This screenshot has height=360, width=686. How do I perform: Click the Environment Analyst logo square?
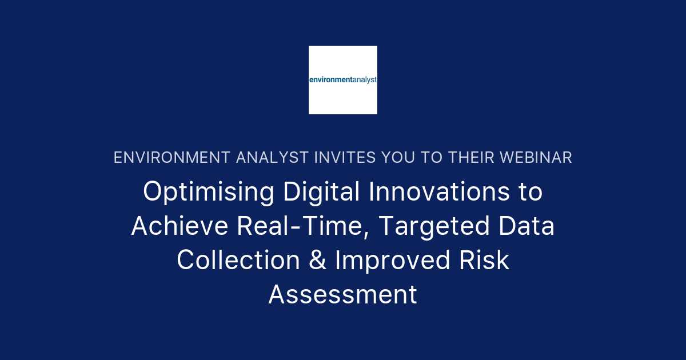[343, 80]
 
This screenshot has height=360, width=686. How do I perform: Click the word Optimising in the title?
[209, 192]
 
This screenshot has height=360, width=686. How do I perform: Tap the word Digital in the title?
[321, 192]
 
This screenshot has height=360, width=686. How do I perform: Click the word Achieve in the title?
[180, 226]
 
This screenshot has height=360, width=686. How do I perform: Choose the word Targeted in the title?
[434, 226]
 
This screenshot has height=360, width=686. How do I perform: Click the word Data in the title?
[527, 226]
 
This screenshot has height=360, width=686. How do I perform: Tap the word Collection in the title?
[238, 261]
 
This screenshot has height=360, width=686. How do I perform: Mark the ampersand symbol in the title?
[317, 261]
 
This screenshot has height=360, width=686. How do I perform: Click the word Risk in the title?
[485, 261]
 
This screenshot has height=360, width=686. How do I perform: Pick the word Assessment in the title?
[343, 295]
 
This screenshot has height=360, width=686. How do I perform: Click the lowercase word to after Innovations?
[531, 192]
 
